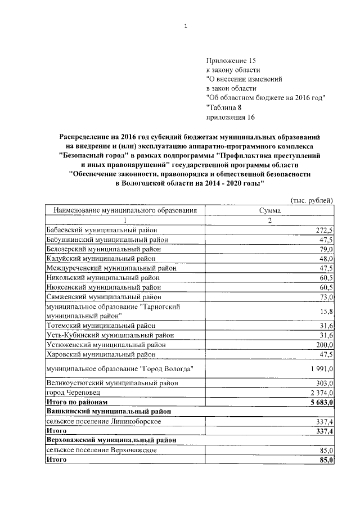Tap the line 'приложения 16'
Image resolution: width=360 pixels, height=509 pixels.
(x=231, y=117)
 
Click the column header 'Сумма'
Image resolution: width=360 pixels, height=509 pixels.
(x=269, y=210)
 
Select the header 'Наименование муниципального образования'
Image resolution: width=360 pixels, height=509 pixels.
(x=125, y=210)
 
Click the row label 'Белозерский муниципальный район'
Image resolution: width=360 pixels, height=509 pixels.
(x=101, y=249)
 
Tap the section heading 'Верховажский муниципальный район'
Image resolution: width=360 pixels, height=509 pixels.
(x=110, y=440)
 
